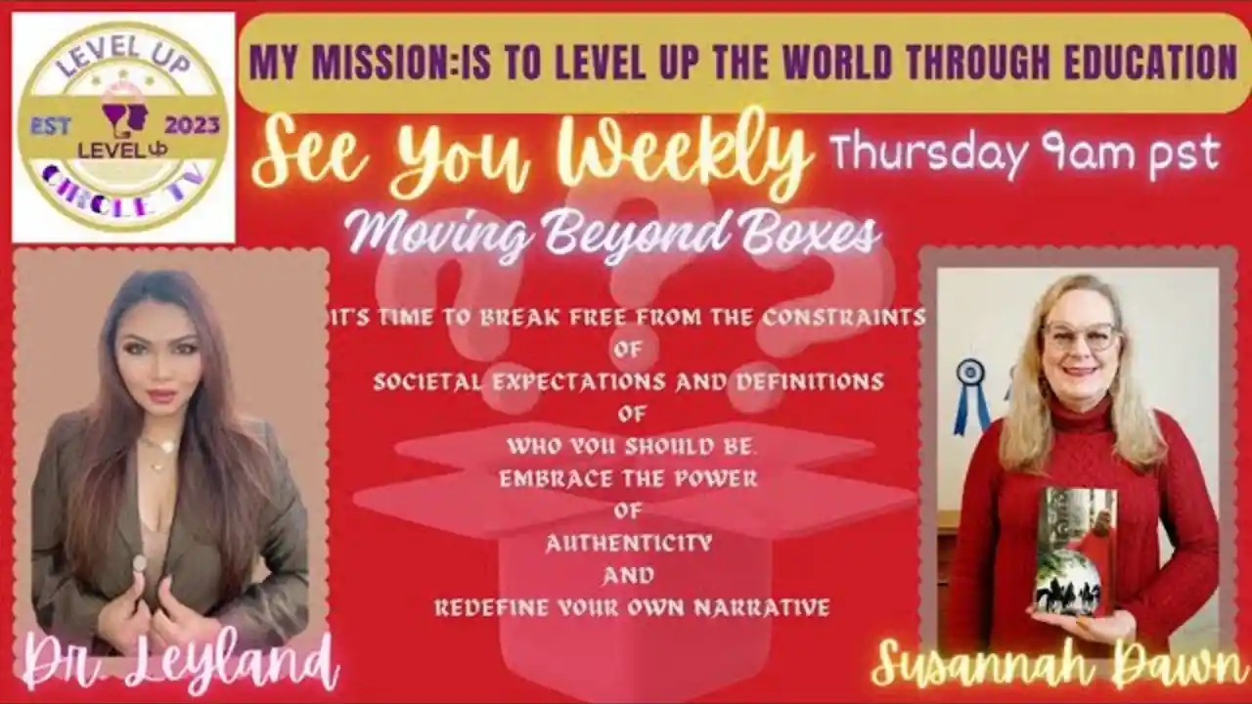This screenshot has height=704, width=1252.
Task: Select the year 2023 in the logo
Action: click(192, 126)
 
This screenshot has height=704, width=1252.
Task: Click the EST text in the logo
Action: click(50, 126)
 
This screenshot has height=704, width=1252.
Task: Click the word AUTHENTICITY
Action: click(629, 543)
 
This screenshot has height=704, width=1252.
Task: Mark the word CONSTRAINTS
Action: click(843, 318)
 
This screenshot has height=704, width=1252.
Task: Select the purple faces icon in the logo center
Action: click(125, 116)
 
